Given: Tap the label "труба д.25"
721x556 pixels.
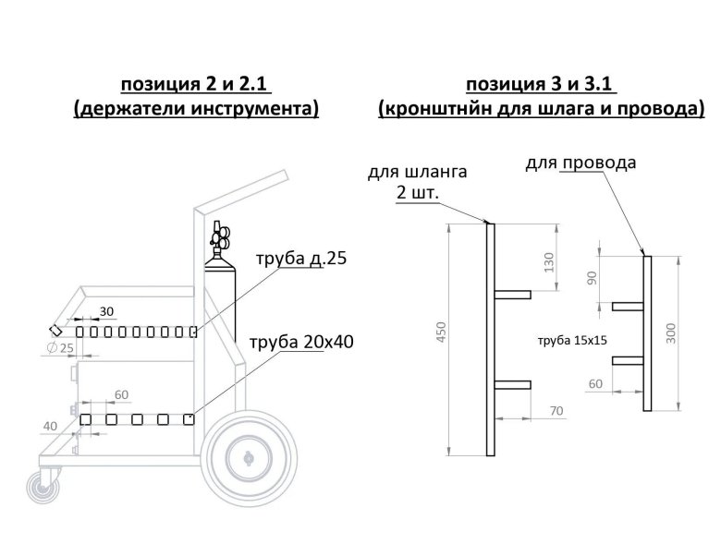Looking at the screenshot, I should point(299,259).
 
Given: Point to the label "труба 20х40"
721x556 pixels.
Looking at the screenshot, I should point(301,343).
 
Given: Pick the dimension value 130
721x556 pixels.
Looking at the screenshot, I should point(548,260).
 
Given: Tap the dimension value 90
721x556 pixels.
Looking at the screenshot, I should point(591,279).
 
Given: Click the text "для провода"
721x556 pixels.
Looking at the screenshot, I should point(580,163).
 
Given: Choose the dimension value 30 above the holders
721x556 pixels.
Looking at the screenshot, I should point(106,309).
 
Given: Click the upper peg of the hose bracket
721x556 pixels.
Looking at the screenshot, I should point(513,295).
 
